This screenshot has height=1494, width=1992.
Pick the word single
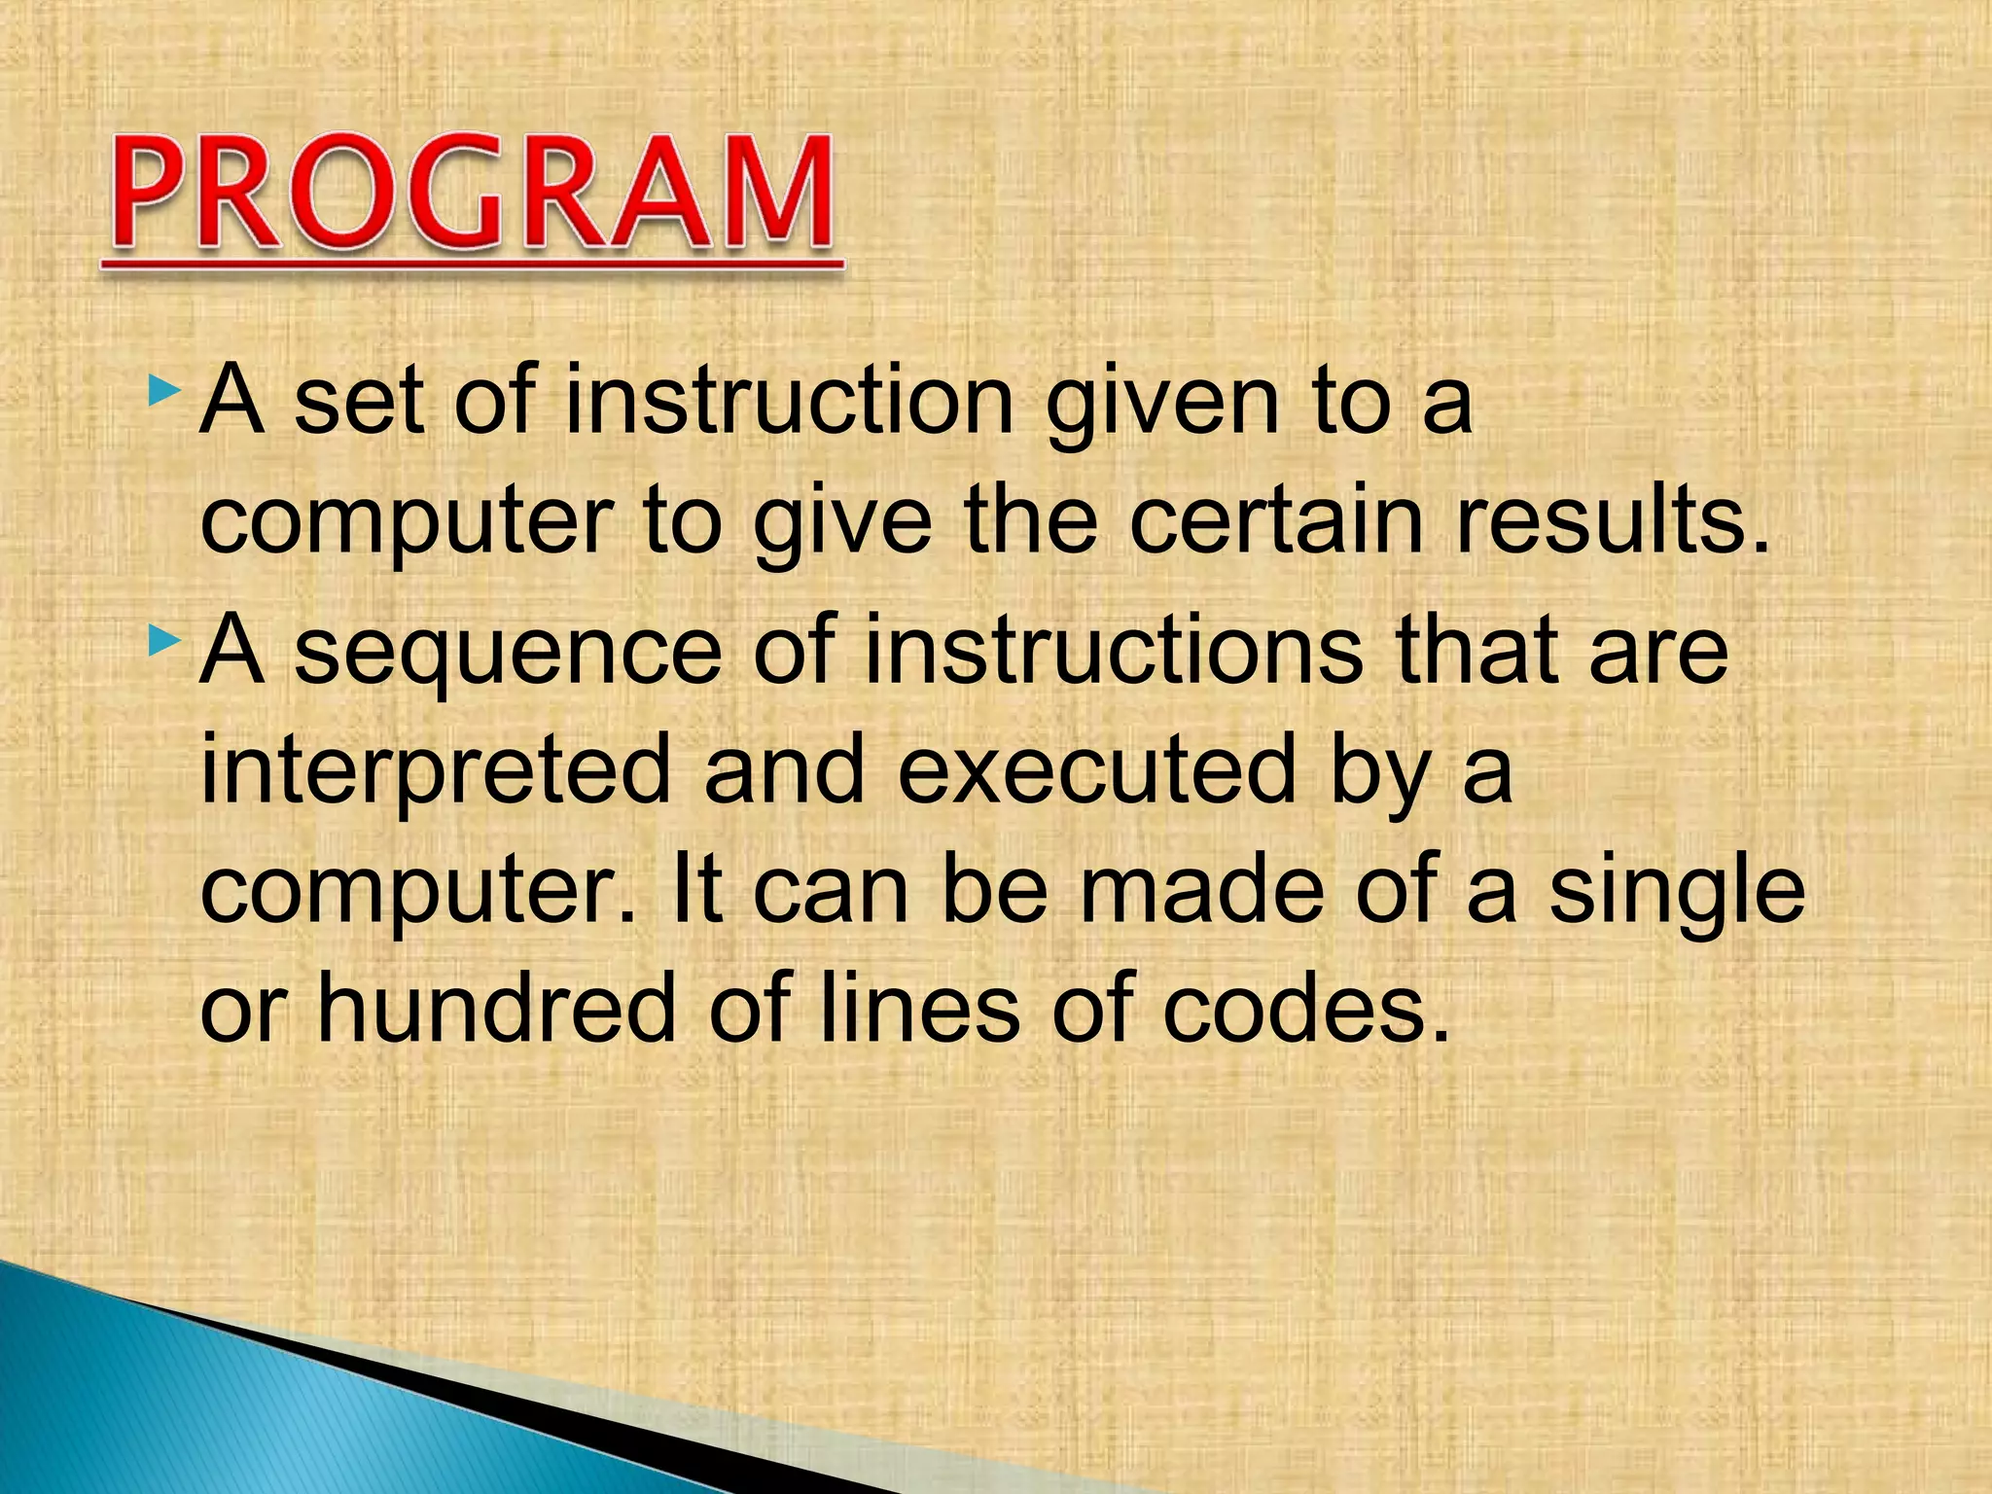point(1677,892)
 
